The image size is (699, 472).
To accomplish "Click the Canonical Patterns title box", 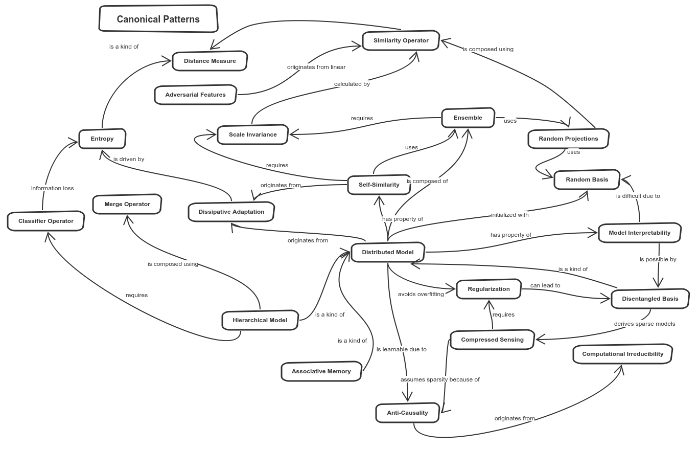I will pos(158,19).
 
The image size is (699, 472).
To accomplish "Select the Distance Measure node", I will pos(209,61).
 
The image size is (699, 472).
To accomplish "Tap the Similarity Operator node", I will pos(401,40).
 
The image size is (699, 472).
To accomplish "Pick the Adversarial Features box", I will pos(195,95).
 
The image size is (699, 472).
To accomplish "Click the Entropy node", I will pos(102,139).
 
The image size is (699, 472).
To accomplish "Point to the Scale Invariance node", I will pos(252,134).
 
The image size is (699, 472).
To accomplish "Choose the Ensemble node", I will pos(468,118).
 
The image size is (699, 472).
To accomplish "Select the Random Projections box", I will pos(568,139).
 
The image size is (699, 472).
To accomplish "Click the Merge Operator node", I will pos(127,204).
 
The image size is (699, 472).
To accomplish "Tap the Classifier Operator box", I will pos(45,221).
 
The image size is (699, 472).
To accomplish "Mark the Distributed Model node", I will pos(387,252).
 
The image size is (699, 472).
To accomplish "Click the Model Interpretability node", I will pos(639,233).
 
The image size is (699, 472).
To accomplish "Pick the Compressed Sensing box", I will pos(492,340).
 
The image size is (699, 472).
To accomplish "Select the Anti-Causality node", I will pos(407,413).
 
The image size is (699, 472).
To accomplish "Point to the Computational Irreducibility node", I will pos(622,354).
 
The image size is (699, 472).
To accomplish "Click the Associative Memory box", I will pos(321,371).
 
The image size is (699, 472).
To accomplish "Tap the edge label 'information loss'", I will pos(53,188).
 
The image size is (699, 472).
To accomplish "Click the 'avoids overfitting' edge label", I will pos(421,294).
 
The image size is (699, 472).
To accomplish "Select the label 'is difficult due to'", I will pos(638,196).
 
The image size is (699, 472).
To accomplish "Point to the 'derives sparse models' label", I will pos(644,324).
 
